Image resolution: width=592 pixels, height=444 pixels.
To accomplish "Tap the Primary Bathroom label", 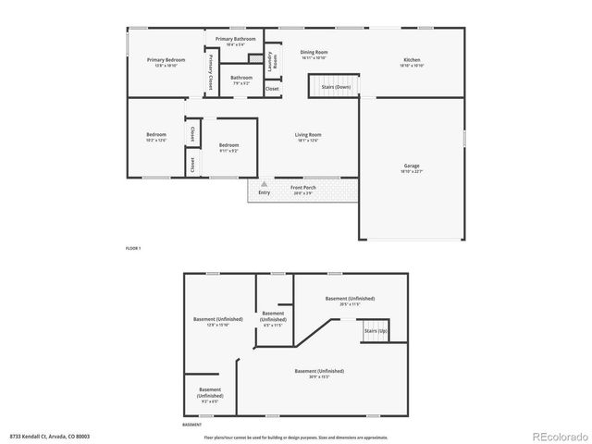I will [x=235, y=41].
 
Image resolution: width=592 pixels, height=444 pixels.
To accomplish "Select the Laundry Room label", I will [x=272, y=62].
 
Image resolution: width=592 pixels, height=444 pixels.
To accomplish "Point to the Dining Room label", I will [x=314, y=55].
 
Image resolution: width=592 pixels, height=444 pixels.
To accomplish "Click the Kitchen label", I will [x=412, y=62].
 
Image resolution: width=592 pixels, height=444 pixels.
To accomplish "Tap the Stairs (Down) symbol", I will [x=334, y=87].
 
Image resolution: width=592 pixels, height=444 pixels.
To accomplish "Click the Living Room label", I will [x=308, y=137].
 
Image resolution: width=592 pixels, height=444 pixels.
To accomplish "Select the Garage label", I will [x=411, y=168].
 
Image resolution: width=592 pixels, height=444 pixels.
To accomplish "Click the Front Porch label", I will [x=303, y=190].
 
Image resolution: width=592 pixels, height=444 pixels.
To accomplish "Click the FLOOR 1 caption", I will [x=133, y=249].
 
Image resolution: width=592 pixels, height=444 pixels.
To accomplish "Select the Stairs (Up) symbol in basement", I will [x=375, y=331].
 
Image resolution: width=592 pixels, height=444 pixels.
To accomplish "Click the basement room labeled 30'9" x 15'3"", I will [x=318, y=373].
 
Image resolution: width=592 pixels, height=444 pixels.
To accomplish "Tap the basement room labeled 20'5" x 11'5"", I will [x=349, y=301].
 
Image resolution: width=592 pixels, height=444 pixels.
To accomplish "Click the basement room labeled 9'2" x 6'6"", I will [x=209, y=395].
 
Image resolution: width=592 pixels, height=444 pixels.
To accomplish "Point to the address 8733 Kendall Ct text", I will [x=50, y=435].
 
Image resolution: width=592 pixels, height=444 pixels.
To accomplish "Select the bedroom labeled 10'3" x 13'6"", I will [x=155, y=138].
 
